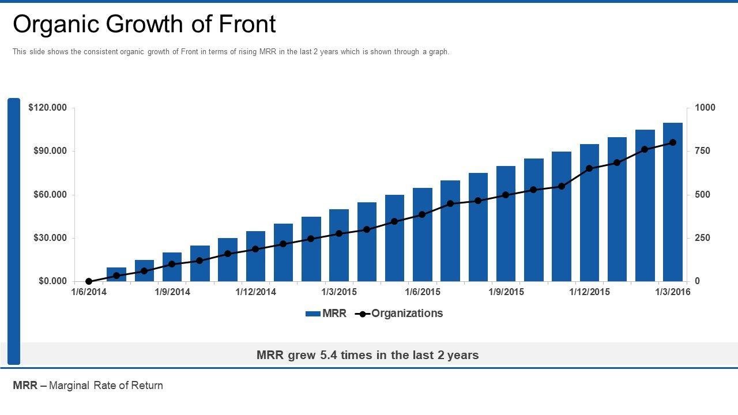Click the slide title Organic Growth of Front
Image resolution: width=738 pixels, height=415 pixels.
[144, 24]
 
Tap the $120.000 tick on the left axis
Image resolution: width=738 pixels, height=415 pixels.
[48, 108]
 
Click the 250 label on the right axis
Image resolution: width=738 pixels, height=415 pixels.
[703, 238]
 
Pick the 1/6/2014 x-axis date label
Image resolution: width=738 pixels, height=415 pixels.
[89, 292]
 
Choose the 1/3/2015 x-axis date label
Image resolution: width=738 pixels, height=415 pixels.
[339, 292]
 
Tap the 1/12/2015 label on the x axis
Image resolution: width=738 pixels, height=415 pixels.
[589, 292]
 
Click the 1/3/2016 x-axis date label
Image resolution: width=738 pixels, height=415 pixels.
[673, 292]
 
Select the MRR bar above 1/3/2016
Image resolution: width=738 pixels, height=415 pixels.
[673, 202]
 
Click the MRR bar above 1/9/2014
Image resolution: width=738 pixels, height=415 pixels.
[172, 267]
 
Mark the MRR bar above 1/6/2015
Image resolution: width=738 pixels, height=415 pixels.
[423, 235]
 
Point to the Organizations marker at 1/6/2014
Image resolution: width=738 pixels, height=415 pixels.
[89, 281]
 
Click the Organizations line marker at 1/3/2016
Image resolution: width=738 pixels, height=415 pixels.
[673, 142]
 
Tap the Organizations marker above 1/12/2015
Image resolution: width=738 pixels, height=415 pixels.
[589, 169]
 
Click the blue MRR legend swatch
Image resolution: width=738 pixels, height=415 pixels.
[312, 314]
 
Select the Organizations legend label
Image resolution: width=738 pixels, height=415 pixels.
[407, 314]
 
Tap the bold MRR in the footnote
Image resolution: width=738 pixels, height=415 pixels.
[25, 386]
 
